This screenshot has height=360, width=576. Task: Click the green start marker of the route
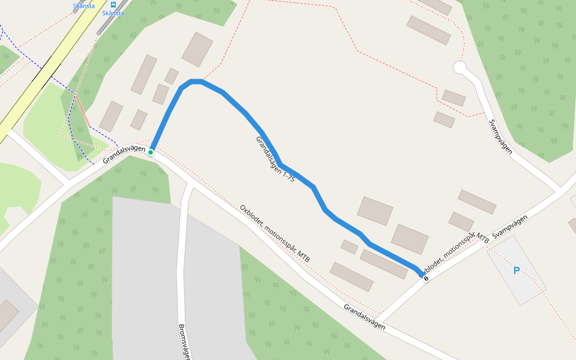pyautogui.click(x=151, y=152)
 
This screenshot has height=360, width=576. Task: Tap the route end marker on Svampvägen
pyautogui.click(x=426, y=278)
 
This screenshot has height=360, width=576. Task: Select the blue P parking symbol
pyautogui.click(x=516, y=271)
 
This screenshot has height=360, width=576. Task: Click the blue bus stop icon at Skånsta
pyautogui.click(x=113, y=4)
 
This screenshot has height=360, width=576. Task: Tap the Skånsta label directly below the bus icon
pyautogui.click(x=113, y=13)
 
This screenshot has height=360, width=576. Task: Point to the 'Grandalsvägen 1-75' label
pyautogui.click(x=275, y=159)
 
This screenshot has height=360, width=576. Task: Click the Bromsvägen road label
pyautogui.click(x=184, y=342)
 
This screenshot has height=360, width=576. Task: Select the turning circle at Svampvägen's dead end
pyautogui.click(x=460, y=67)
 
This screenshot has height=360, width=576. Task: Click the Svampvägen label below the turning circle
pyautogui.click(x=500, y=137)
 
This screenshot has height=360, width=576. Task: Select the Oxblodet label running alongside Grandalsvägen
pyautogui.click(x=275, y=233)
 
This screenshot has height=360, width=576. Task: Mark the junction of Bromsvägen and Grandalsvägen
pyautogui.click(x=190, y=182)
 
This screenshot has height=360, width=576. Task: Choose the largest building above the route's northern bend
pyautogui.click(x=197, y=49)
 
